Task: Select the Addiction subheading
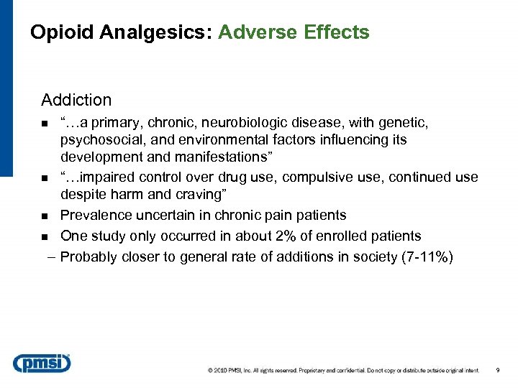point(76,100)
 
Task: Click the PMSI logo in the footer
point(42,363)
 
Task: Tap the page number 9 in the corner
point(498,370)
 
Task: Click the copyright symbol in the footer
point(210,371)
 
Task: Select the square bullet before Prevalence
point(45,216)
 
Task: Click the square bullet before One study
point(45,236)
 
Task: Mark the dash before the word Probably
point(49,257)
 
